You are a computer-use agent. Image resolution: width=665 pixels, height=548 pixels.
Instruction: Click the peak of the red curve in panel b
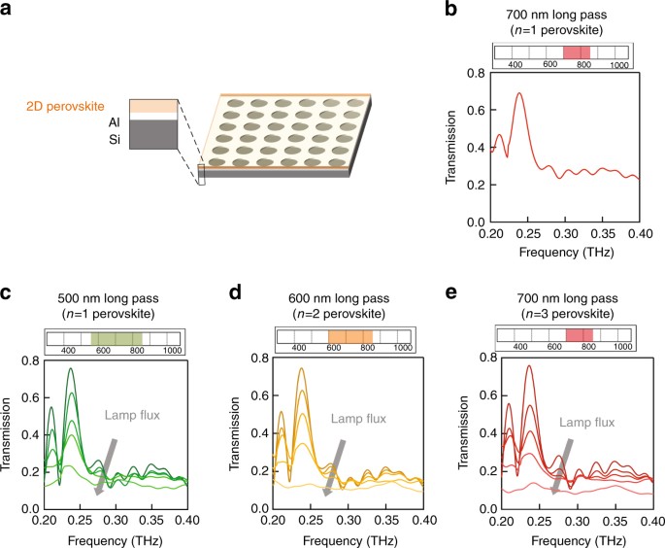[x=520, y=93]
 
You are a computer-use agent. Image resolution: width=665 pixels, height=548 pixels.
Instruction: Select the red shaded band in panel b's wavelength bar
[x=576, y=52]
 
